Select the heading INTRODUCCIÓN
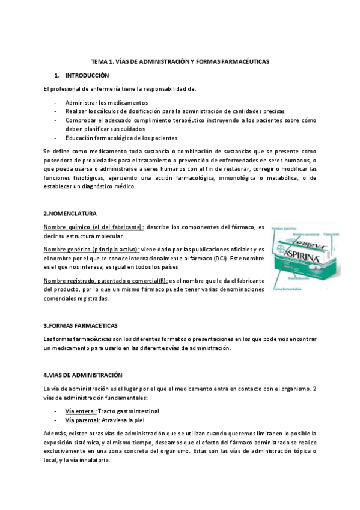click(87, 76)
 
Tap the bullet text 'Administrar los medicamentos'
click(106, 103)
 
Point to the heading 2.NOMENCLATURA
click(70, 213)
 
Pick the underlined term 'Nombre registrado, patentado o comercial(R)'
click(106, 280)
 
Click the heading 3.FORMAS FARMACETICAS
click(81, 325)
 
